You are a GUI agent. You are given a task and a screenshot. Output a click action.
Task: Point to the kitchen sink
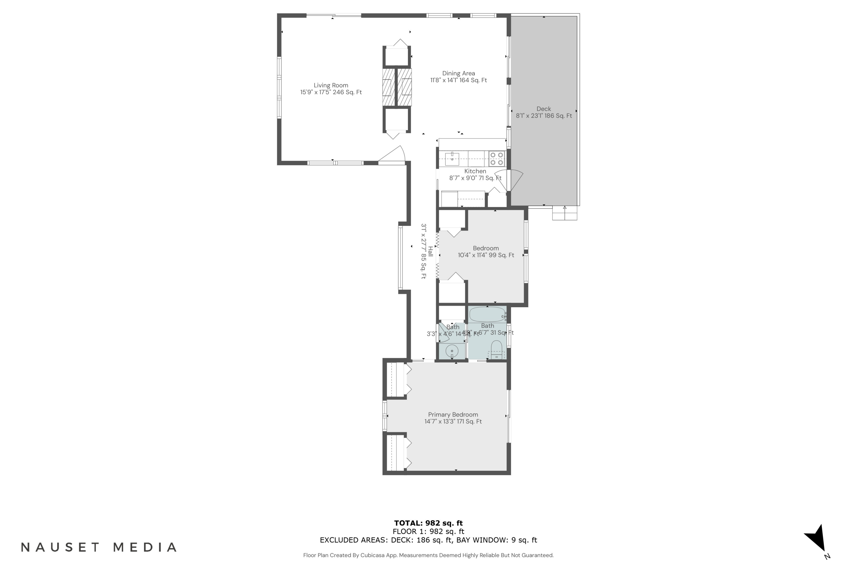452,159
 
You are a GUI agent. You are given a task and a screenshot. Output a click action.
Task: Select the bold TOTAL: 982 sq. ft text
428,523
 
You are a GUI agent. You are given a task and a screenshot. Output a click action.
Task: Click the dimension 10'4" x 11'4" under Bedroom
486,255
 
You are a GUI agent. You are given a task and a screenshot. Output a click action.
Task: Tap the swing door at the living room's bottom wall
393,156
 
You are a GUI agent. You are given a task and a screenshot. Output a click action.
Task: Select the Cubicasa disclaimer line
428,555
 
